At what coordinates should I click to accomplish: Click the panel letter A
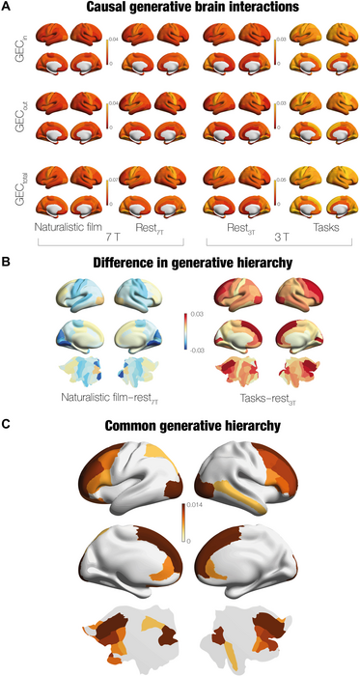(7, 8)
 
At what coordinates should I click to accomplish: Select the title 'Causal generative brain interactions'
(180, 8)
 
